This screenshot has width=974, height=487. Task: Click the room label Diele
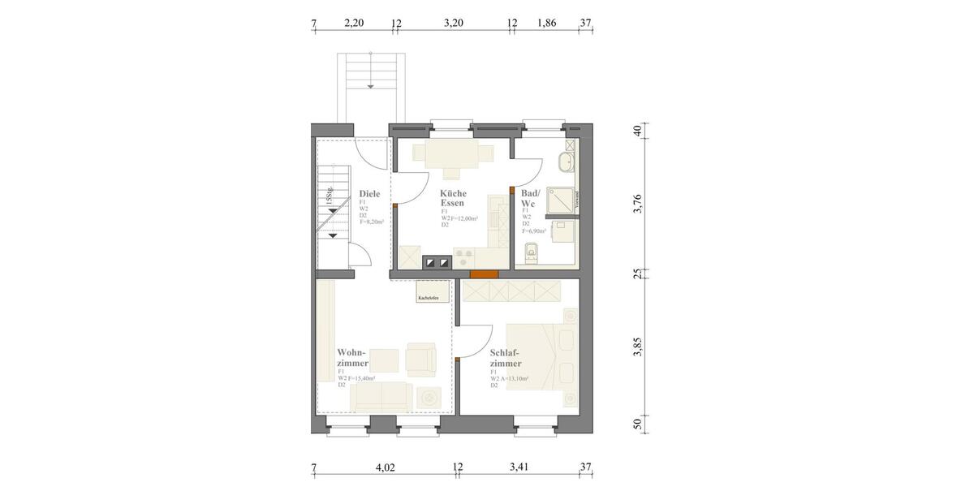coord(370,194)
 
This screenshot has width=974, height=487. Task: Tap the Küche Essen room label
coord(453,198)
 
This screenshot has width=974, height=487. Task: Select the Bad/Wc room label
coord(530,198)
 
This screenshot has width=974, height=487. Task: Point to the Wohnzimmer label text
coord(352,359)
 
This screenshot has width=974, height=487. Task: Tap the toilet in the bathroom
coord(532,252)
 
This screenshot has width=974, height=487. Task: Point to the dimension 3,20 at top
coord(453,24)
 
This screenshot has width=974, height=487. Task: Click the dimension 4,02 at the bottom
coord(385,467)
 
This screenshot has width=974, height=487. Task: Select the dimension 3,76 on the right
coord(637,204)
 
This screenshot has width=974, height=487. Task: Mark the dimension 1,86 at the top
coord(547,24)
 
